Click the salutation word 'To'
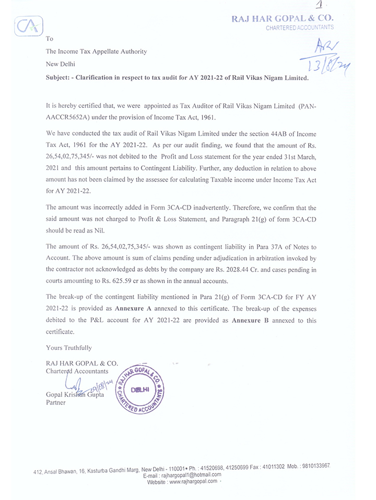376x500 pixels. pos(50,39)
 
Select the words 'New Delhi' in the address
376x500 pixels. pos(61,64)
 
